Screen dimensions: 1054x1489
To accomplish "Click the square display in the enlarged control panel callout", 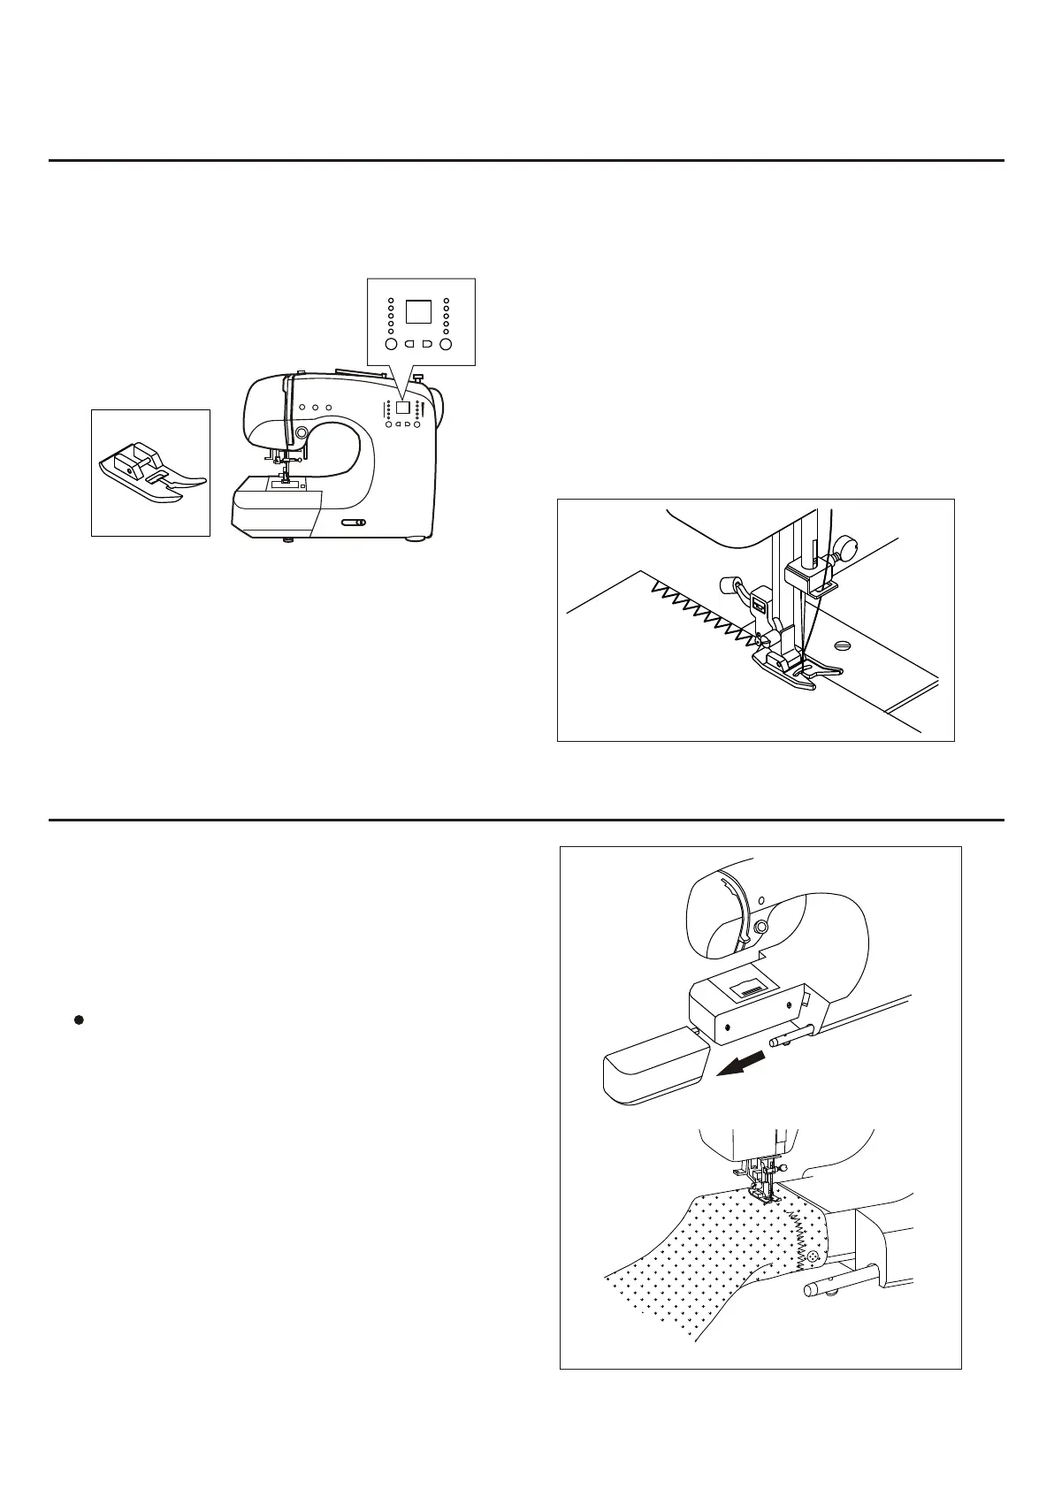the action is (418, 311).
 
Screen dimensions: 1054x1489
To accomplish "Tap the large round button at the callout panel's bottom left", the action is (391, 344).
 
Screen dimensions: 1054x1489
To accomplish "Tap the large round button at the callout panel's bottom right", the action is (446, 344).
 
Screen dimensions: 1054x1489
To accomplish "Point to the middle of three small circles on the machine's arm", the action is (315, 408).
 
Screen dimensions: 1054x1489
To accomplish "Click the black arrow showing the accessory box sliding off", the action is (741, 1062).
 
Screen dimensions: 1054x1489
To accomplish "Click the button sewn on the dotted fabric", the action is (811, 1255).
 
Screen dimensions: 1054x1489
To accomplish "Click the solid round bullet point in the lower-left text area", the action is (78, 1019).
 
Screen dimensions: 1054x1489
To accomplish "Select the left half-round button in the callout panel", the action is (409, 344).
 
